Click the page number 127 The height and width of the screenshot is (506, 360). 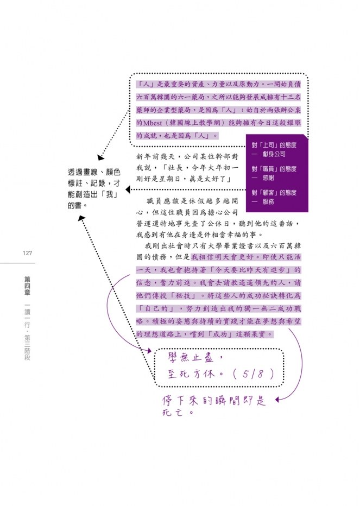coord(28,254)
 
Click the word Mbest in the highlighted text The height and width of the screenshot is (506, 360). coord(153,123)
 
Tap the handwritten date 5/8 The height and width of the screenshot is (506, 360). coord(253,374)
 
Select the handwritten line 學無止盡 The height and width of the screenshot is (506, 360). coord(191,358)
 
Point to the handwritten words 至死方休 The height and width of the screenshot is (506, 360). coord(191,374)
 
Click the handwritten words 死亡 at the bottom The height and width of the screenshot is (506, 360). coord(173,413)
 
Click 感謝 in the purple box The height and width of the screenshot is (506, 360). coord(268,178)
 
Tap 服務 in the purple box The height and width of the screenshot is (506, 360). coord(268,201)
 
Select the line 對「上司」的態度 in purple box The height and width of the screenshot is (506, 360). coord(274,145)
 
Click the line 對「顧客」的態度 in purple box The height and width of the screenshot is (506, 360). coord(274,193)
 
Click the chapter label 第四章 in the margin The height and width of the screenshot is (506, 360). coord(28,286)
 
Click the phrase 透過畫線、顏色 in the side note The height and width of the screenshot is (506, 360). coord(94,172)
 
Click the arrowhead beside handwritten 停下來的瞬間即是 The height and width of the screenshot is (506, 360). coord(277,400)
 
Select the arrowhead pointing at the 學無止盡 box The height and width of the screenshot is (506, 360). coord(149,351)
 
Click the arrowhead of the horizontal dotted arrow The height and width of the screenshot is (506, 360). coord(128,189)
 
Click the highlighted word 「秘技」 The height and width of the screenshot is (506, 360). coord(183,295)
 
